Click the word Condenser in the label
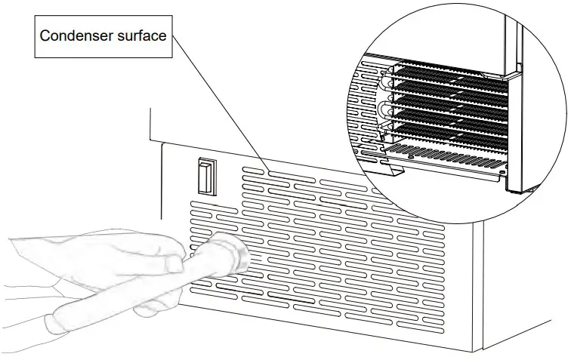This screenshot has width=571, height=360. point(76,35)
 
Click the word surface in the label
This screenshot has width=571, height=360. point(142,35)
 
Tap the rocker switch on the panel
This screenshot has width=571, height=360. point(207,177)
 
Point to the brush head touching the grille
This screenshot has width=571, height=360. point(233,254)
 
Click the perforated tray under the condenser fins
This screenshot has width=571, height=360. point(445,155)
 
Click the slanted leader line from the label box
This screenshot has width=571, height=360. point(221,103)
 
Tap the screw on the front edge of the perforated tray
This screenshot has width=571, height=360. point(411,156)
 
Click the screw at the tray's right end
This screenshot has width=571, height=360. point(502,171)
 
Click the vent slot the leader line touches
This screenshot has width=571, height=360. point(292,177)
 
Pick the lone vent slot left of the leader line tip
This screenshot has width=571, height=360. point(253,171)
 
